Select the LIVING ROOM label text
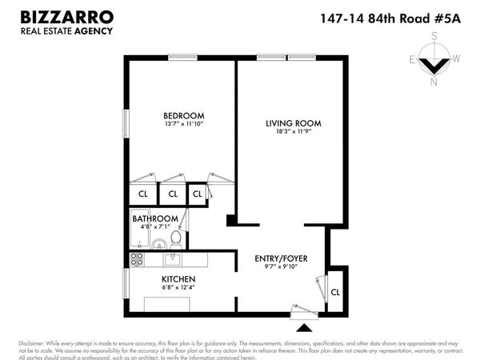[x=294, y=123]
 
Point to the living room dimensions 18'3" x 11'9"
[x=294, y=133]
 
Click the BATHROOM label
[x=154, y=218]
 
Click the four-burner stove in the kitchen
[x=137, y=259]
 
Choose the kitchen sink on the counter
[x=172, y=258]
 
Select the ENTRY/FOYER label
[x=281, y=258]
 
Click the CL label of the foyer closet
[x=334, y=293]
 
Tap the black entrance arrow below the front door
[x=304, y=327]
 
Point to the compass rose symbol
[x=434, y=62]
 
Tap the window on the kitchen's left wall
[x=125, y=282]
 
